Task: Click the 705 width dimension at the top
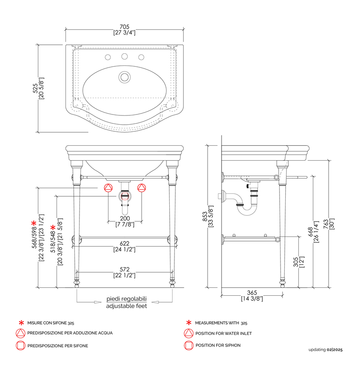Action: [124, 27]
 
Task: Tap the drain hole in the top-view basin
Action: [124, 76]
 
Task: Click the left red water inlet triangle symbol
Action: [108, 188]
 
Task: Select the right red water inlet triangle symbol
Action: [141, 188]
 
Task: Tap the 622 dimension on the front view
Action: [124, 243]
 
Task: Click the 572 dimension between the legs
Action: [124, 270]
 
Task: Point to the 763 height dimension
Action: [333, 224]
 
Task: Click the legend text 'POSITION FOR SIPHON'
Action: [218, 346]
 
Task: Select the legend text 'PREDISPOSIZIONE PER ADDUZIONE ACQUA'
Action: [70, 333]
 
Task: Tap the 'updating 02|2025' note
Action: [325, 349]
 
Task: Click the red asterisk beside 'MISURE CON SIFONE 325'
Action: [21, 323]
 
